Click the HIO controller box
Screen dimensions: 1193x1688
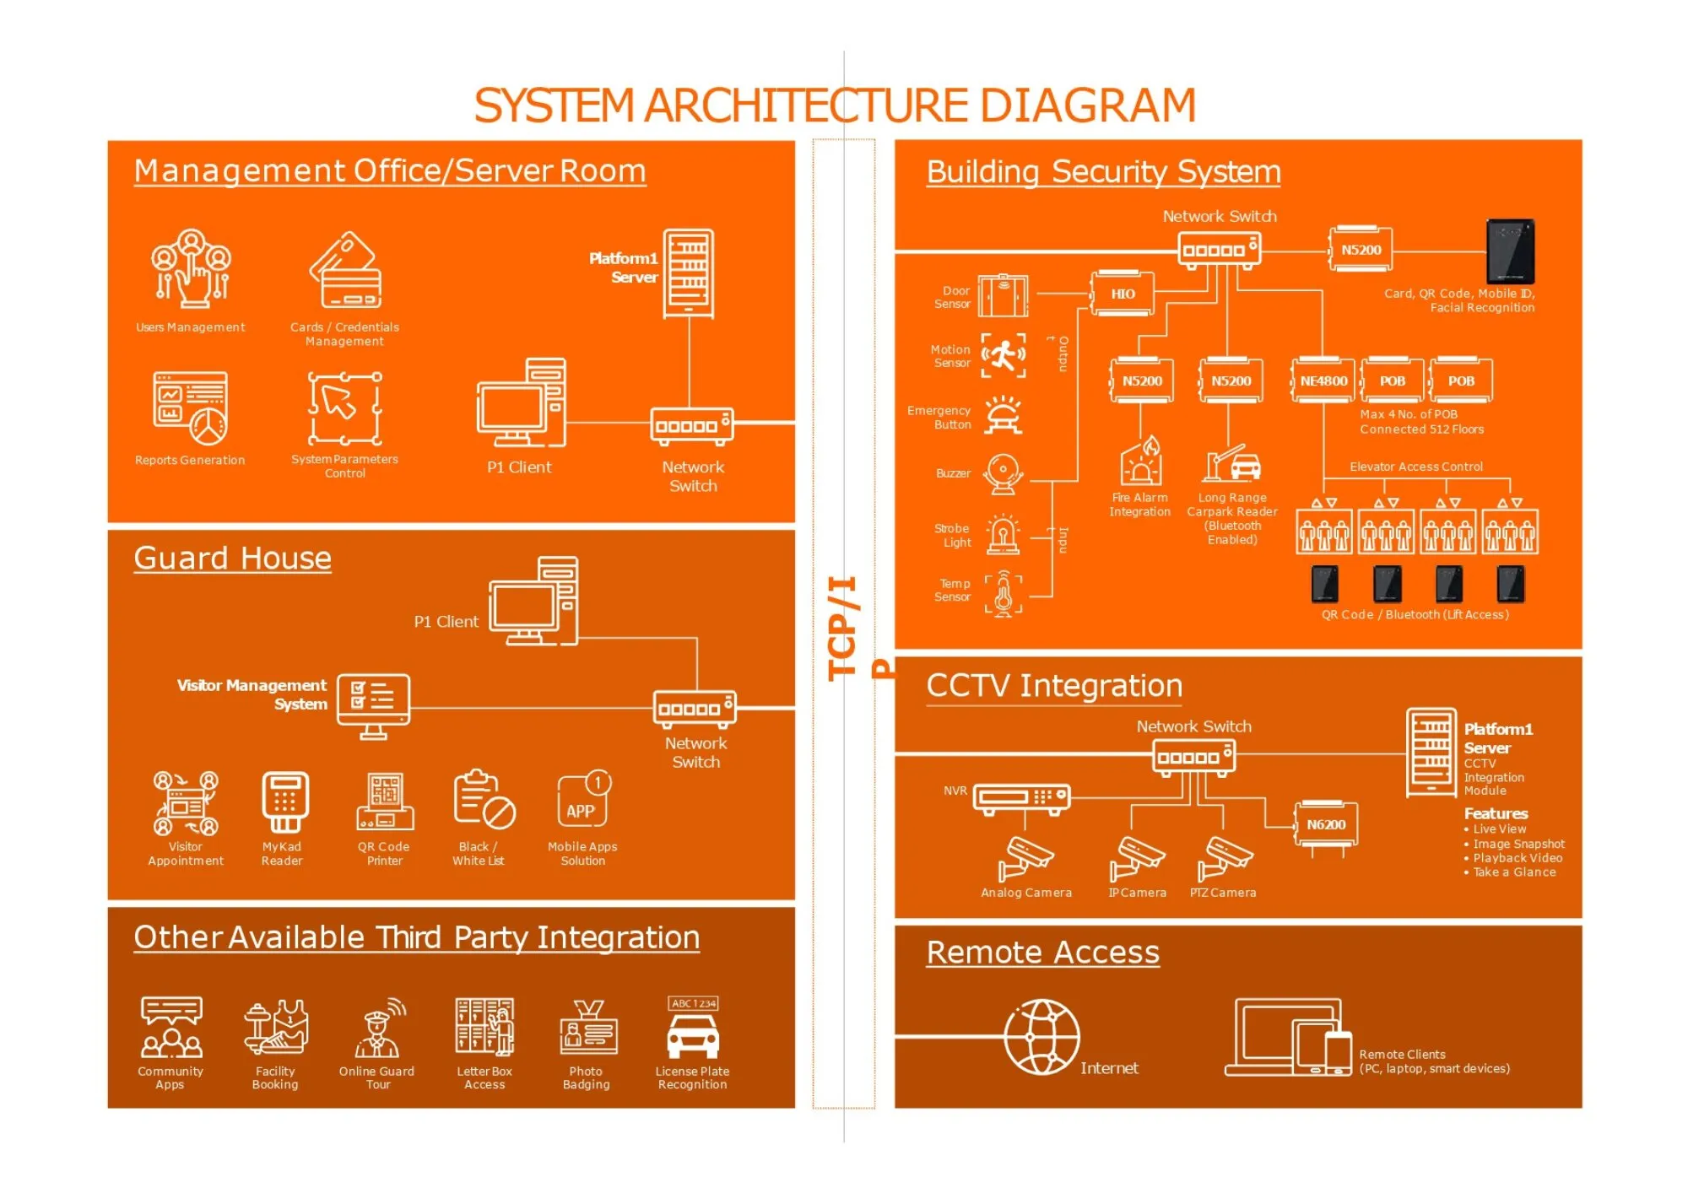(1123, 294)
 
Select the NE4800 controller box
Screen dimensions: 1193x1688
(1323, 381)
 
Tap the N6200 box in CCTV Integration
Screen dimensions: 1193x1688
(1326, 825)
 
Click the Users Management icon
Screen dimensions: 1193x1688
(191, 268)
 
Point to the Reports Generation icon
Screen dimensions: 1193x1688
(190, 408)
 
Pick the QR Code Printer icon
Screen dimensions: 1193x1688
(385, 802)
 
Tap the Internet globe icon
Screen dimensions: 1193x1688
(1041, 1037)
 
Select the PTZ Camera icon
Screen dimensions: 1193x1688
(1225, 859)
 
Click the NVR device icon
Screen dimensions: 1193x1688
(1021, 797)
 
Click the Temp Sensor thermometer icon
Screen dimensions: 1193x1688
(1003, 592)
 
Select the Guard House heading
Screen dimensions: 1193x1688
(232, 559)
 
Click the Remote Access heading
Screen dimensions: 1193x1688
(1042, 953)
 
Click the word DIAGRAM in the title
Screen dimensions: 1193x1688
(1087, 105)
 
